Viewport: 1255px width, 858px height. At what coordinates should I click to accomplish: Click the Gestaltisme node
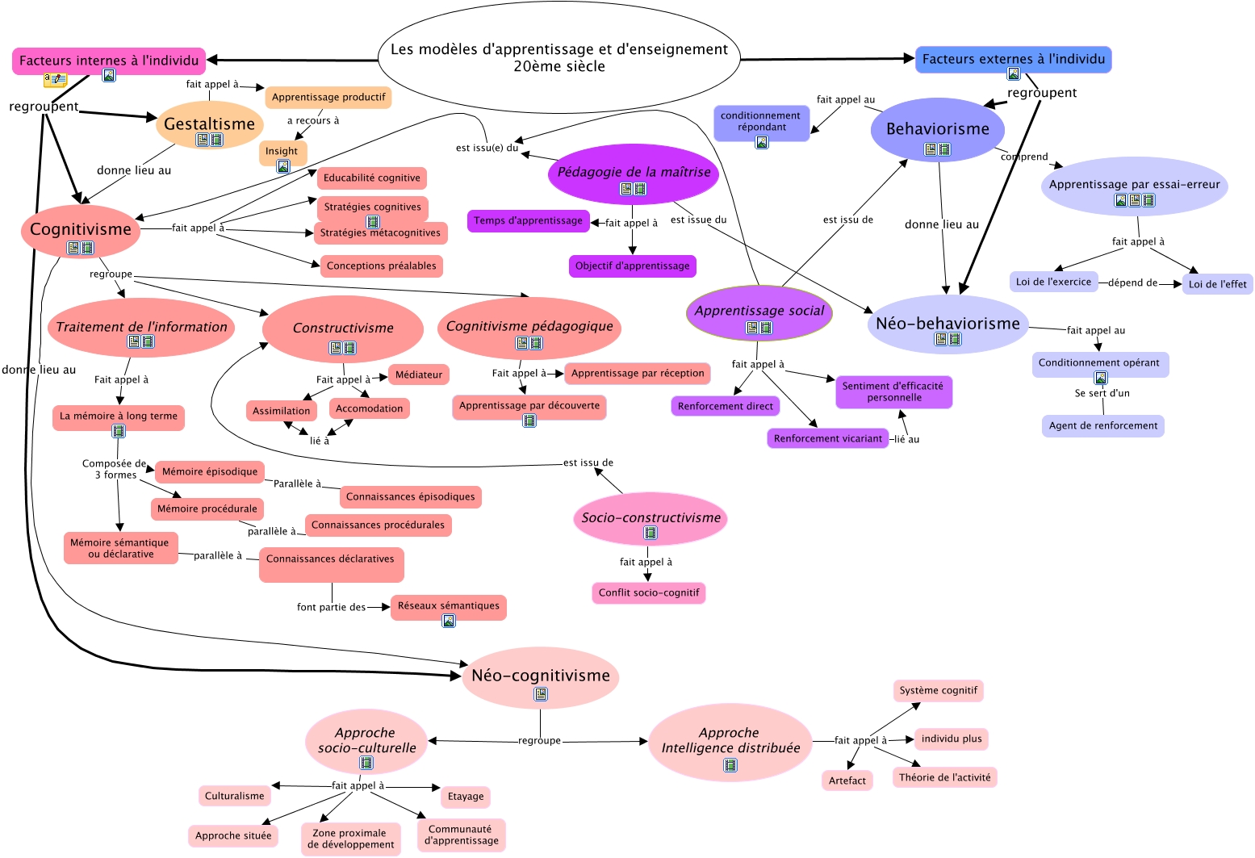coord(210,124)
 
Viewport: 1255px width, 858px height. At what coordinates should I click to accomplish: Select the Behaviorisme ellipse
coord(937,129)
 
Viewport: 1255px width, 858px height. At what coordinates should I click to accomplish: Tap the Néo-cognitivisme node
coord(541,676)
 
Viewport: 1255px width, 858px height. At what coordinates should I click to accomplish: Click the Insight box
coord(282,151)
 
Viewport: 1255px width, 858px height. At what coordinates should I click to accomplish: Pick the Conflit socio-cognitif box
coord(649,592)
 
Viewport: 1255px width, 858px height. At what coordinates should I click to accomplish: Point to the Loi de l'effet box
coord(1217,284)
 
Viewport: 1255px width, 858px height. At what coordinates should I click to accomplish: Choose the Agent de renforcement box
coord(1102,425)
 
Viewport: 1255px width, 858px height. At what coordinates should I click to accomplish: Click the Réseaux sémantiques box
coord(448,606)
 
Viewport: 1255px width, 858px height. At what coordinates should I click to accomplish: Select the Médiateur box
coord(419,375)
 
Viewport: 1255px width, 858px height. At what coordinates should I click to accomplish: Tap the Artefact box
coord(847,781)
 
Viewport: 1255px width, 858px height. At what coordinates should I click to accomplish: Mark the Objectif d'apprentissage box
coord(632,266)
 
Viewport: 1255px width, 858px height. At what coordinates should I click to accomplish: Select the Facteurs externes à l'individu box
coord(1013,59)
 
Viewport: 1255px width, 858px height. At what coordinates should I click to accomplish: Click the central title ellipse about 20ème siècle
coord(559,57)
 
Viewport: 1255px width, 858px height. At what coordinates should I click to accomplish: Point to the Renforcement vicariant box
coord(828,438)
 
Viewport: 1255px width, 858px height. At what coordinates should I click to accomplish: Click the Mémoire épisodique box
coord(210,471)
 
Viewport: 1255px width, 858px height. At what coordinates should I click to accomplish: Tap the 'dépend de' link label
coord(1132,283)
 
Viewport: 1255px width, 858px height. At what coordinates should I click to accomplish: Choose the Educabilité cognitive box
coord(372,178)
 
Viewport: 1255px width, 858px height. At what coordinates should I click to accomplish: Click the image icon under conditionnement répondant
coord(762,142)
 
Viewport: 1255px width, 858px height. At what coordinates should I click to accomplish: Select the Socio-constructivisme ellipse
coord(651,518)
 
